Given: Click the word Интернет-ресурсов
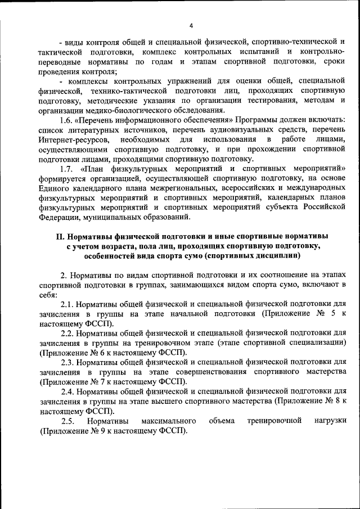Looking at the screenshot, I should (x=70, y=139).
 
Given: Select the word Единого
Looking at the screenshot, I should (x=53, y=188).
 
